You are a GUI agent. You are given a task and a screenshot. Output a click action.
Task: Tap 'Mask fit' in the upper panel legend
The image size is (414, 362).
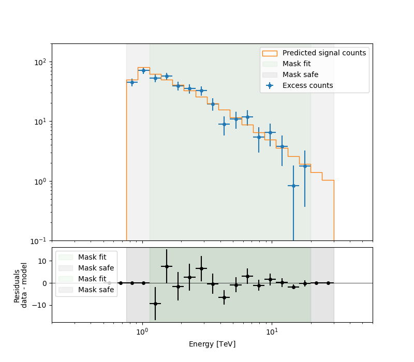tap(296, 64)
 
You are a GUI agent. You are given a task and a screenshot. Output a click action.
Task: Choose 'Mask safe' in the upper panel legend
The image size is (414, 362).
tap(300, 74)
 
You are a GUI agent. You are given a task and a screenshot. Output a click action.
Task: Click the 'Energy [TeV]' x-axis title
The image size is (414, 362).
tap(212, 344)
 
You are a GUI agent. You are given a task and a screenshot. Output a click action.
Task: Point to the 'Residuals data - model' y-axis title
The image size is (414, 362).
tap(20, 285)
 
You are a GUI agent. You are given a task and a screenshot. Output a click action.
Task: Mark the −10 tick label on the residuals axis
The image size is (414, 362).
tap(40, 305)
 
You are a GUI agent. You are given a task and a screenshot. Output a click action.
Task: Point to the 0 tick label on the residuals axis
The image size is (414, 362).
tap(45, 283)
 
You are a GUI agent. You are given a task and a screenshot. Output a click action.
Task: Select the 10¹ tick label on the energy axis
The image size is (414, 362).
tap(272, 331)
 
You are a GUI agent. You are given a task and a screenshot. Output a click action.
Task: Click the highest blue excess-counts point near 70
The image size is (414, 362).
tap(143, 70)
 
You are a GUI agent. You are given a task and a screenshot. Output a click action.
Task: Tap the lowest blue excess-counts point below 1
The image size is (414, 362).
tap(293, 186)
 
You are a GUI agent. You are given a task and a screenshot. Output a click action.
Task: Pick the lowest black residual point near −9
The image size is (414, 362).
tap(155, 304)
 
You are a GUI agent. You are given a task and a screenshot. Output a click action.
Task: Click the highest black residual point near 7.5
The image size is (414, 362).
tap(167, 266)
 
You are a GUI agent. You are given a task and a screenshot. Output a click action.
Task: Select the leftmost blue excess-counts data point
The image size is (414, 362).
tap(132, 82)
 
